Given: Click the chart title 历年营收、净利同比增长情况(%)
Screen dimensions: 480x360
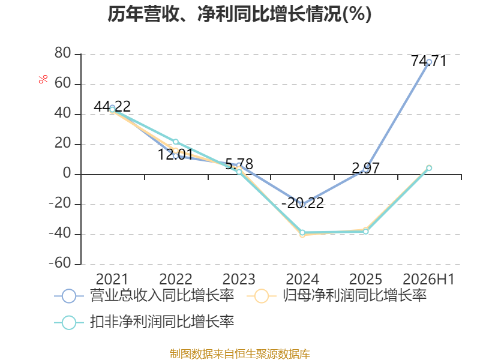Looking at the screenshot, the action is click(239, 14).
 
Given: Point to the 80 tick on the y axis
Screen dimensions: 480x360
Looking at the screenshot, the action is click(63, 53).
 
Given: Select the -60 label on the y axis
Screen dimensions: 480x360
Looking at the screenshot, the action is click(60, 263).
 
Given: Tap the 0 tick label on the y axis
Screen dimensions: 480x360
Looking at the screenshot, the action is click(67, 173).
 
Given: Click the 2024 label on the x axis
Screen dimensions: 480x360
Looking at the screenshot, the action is click(302, 279).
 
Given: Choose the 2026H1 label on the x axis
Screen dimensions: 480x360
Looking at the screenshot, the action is click(428, 279).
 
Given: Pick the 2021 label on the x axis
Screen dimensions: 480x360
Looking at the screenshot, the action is click(112, 279).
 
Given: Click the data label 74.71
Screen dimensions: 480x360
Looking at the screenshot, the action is click(428, 61).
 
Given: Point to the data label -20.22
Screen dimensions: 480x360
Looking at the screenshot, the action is click(302, 203).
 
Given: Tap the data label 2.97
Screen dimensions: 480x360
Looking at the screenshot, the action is click(365, 168).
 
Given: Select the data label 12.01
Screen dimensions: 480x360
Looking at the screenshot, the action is click(175, 154).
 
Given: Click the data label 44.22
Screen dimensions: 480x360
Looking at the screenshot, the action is click(112, 107).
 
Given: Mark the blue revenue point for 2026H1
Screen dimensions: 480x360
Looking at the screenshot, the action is click(429, 62).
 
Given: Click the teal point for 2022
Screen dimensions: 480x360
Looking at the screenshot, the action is click(176, 142).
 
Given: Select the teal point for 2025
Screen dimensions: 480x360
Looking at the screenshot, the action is click(366, 232).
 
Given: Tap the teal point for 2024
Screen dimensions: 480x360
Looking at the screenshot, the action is click(302, 232).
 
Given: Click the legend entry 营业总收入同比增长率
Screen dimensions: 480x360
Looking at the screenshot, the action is click(144, 296).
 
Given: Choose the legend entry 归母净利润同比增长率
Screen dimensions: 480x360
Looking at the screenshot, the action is click(337, 296).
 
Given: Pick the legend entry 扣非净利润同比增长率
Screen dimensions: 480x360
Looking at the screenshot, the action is click(144, 322).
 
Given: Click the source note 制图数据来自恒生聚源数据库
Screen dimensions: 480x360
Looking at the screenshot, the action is click(239, 354).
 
